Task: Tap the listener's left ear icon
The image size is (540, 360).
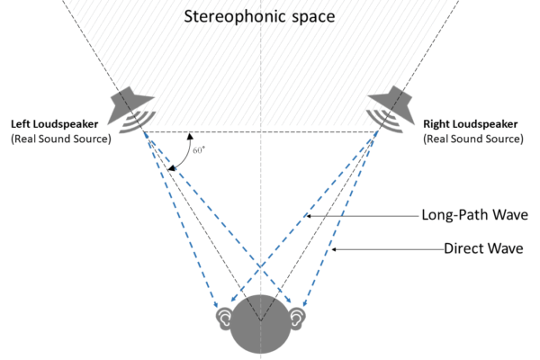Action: (x=224, y=318)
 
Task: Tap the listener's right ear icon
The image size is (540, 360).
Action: (x=297, y=318)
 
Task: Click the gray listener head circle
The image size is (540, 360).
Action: (x=261, y=328)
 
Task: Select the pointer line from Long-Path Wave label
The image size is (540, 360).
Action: (x=360, y=216)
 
